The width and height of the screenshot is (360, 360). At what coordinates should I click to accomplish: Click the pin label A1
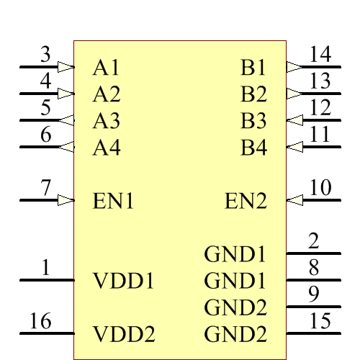(106, 68)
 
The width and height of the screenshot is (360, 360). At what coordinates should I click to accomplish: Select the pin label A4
(107, 148)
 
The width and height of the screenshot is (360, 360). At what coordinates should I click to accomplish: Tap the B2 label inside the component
(253, 94)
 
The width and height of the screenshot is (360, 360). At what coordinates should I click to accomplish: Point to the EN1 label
(114, 201)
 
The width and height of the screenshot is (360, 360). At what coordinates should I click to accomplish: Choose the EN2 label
(246, 201)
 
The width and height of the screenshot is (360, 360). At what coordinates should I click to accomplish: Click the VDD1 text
(124, 281)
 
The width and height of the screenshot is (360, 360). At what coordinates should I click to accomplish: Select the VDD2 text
(124, 335)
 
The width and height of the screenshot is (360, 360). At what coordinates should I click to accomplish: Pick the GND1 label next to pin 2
(235, 254)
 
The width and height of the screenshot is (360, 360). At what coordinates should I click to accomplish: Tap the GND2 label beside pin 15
(235, 335)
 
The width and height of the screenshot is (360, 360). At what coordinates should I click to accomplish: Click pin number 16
(40, 322)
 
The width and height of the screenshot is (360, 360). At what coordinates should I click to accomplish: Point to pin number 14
(320, 54)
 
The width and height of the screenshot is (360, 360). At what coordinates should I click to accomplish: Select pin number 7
(46, 188)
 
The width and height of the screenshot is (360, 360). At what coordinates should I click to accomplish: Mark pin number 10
(320, 188)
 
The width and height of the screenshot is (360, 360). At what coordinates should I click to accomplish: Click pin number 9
(314, 294)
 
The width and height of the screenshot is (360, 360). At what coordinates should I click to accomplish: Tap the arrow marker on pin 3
(66, 67)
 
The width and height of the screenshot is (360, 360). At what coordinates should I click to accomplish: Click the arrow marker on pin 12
(294, 120)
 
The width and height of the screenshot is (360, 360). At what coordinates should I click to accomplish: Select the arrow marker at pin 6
(66, 148)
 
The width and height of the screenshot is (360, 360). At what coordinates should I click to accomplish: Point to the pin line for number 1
(46, 280)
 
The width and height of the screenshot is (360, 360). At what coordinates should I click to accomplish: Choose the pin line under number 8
(314, 280)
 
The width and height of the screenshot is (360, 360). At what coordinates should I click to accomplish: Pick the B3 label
(253, 121)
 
